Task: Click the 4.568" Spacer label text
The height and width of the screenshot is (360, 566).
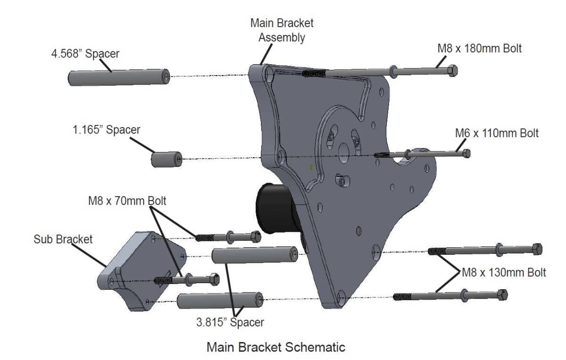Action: (85, 53)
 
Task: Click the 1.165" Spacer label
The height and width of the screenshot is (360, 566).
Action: (106, 130)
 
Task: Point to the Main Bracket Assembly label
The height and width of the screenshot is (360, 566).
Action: (282, 30)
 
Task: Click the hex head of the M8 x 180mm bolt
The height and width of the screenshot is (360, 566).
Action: (451, 71)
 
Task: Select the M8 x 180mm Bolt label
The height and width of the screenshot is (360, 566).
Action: (480, 48)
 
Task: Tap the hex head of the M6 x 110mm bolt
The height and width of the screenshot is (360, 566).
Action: (466, 153)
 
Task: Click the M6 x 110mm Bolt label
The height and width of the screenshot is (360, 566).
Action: (497, 133)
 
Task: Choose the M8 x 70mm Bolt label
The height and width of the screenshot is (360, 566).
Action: (127, 201)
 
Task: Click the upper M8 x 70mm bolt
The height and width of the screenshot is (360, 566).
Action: (229, 236)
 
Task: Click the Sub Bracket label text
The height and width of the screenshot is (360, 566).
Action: (63, 239)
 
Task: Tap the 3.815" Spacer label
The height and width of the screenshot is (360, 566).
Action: (230, 323)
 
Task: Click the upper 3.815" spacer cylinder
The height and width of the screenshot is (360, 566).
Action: (255, 255)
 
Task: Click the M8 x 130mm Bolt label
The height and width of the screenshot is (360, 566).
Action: (504, 272)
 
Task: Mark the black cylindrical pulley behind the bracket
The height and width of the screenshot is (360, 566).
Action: (271, 205)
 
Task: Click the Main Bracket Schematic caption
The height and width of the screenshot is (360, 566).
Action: (276, 347)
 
